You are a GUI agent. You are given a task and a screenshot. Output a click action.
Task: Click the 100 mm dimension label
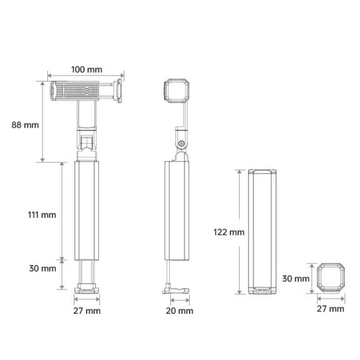pos(86,70)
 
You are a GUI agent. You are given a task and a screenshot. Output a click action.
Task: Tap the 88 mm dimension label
pos(25,125)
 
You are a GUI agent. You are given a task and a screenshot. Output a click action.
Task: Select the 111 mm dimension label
pos(42,215)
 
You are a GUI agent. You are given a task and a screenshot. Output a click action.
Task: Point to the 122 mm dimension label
pos(229,232)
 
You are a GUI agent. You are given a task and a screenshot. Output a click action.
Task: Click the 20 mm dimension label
pos(180,311)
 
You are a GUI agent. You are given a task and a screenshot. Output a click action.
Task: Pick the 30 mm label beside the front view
pos(42,268)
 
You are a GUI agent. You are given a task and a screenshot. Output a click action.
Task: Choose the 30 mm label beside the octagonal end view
pos(296,279)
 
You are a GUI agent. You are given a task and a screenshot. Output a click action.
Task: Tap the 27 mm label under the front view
pos(87,311)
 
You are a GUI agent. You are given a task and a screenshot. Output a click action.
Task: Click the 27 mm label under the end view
pos(330,309)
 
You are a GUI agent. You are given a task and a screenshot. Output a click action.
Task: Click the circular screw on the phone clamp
pos(86,91)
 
